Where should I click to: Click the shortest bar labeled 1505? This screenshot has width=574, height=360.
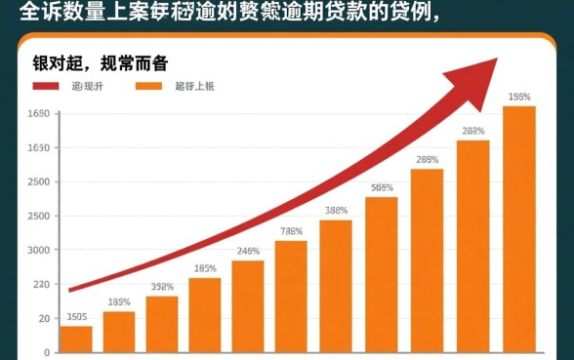point(76,339)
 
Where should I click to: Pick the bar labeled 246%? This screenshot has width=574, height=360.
point(248,305)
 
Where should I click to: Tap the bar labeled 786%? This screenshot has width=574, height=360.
point(291,296)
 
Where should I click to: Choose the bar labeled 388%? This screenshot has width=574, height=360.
point(336,285)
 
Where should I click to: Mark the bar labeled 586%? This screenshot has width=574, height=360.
point(382,274)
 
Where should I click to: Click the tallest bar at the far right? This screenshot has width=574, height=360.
point(519,228)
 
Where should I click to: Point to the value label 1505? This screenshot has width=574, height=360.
point(76,316)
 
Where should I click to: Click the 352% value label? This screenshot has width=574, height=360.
point(162,287)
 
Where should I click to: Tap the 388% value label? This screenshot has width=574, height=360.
point(336,210)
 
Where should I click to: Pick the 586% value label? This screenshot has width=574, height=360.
point(382,187)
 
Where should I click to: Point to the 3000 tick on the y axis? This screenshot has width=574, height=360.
point(38,250)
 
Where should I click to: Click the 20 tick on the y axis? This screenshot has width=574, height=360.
point(43,319)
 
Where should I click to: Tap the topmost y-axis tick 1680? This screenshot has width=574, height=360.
point(38,114)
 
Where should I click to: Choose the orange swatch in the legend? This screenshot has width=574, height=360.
point(148,87)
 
